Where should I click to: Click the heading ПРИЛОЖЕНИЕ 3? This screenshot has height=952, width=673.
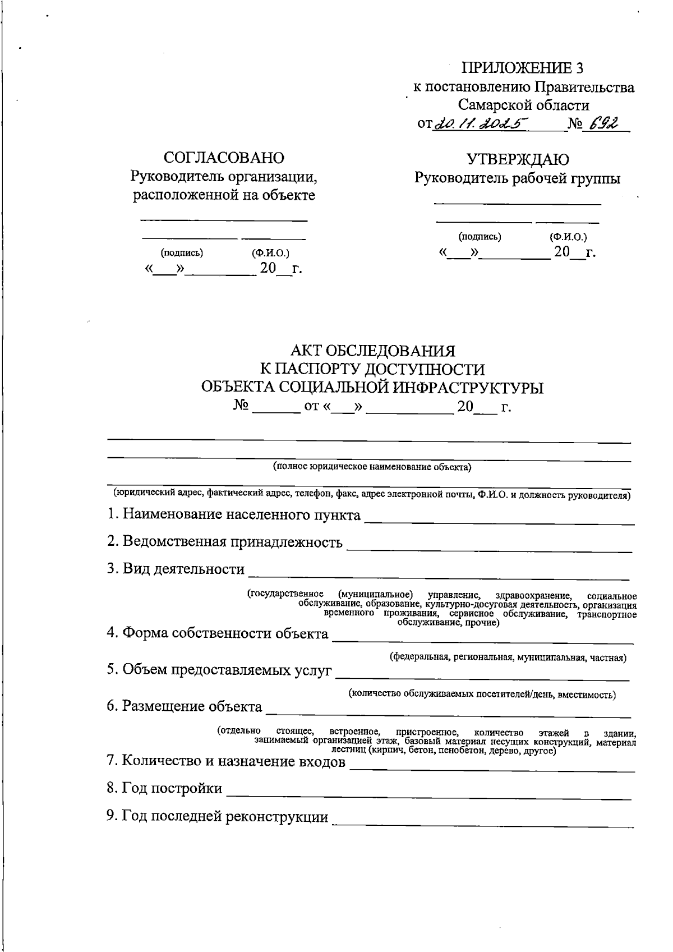click(522, 68)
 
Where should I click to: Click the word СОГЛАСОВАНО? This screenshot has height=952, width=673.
click(224, 158)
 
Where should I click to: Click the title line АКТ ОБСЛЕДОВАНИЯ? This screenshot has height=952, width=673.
click(372, 351)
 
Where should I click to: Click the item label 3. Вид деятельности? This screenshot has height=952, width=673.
click(176, 569)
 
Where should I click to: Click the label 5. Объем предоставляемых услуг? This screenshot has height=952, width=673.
click(219, 671)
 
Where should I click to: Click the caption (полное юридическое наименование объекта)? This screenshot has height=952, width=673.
click(372, 467)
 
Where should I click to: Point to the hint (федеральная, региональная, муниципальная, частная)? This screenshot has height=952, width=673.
click(508, 657)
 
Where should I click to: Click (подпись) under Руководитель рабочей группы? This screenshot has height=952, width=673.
click(480, 237)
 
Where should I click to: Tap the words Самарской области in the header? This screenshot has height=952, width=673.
click(523, 105)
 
